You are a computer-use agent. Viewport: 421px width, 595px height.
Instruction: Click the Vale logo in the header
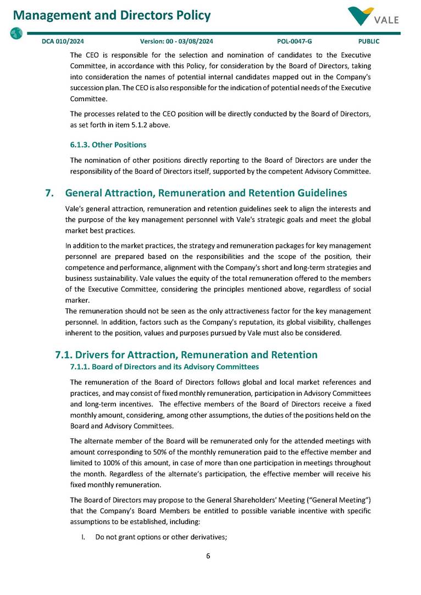[x=373, y=16]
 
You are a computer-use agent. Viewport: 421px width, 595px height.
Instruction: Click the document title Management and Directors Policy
[x=112, y=15]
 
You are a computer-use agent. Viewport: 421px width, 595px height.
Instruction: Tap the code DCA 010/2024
[x=63, y=41]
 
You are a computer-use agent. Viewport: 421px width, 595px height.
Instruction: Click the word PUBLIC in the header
[x=368, y=41]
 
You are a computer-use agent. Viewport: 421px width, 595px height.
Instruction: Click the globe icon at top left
[x=16, y=33]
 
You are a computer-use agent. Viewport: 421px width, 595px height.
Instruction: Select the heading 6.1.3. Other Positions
[x=108, y=145]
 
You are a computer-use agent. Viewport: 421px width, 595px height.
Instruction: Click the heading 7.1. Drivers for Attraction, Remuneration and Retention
[x=186, y=355]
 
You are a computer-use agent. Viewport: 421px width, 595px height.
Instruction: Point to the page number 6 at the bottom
[x=208, y=555]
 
